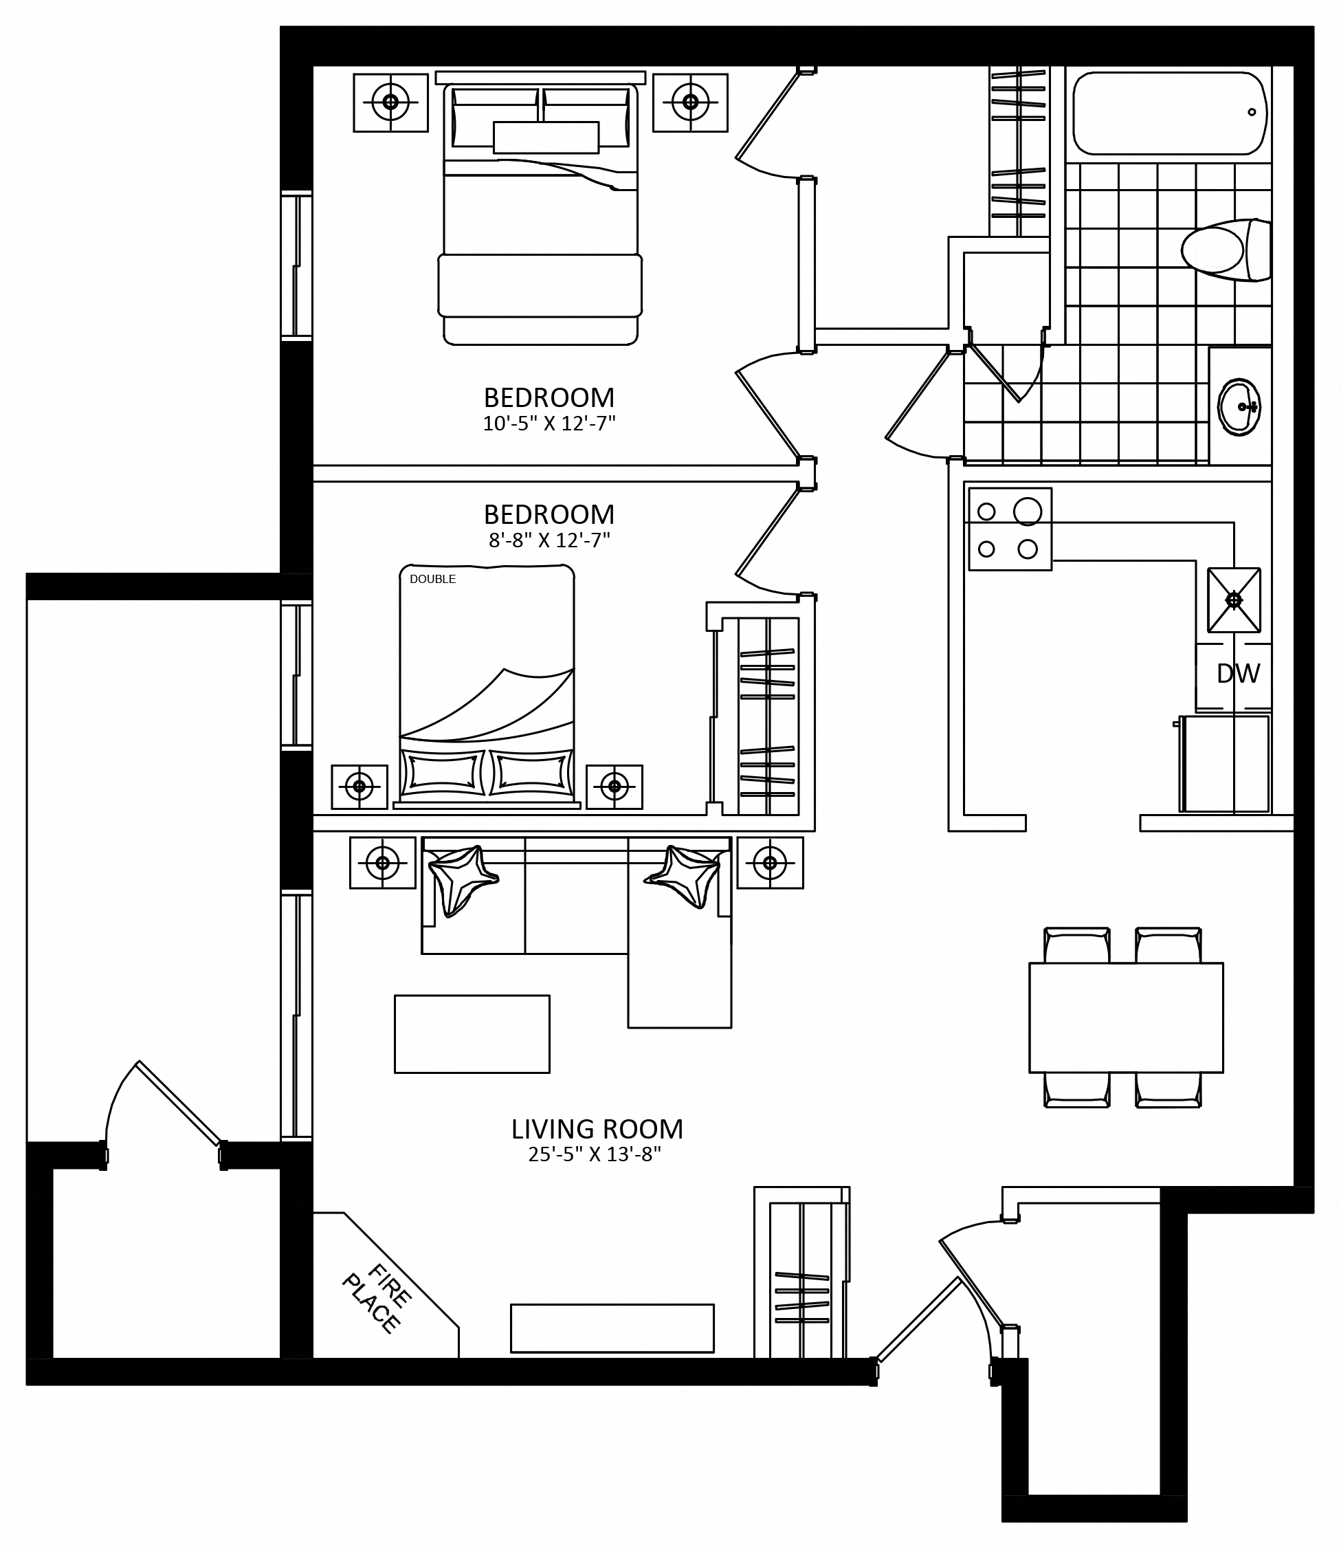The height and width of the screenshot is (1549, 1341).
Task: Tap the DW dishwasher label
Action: click(1239, 674)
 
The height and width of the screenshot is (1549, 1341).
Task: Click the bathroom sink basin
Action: click(1239, 406)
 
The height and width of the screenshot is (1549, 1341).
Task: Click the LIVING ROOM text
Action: click(597, 1128)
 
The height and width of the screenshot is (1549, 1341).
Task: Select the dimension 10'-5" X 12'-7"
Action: click(549, 424)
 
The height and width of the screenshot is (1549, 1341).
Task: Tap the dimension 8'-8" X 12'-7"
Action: click(549, 540)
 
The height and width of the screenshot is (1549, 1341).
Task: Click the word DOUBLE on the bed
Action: click(432, 579)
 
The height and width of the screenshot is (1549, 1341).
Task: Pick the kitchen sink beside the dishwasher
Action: click(1234, 600)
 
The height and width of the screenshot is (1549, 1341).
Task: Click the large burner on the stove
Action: click(1028, 512)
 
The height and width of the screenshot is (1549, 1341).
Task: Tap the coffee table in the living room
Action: click(472, 1034)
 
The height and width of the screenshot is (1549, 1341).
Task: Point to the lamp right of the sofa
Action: click(770, 862)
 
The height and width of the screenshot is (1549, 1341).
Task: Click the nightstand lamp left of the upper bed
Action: click(390, 102)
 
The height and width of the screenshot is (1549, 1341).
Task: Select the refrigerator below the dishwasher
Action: click(1225, 764)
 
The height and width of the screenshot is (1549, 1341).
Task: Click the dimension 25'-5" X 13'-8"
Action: click(595, 1154)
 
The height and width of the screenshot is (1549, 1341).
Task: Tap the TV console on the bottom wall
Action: click(612, 1328)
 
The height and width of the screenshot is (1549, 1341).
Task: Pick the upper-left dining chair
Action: click(1077, 945)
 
